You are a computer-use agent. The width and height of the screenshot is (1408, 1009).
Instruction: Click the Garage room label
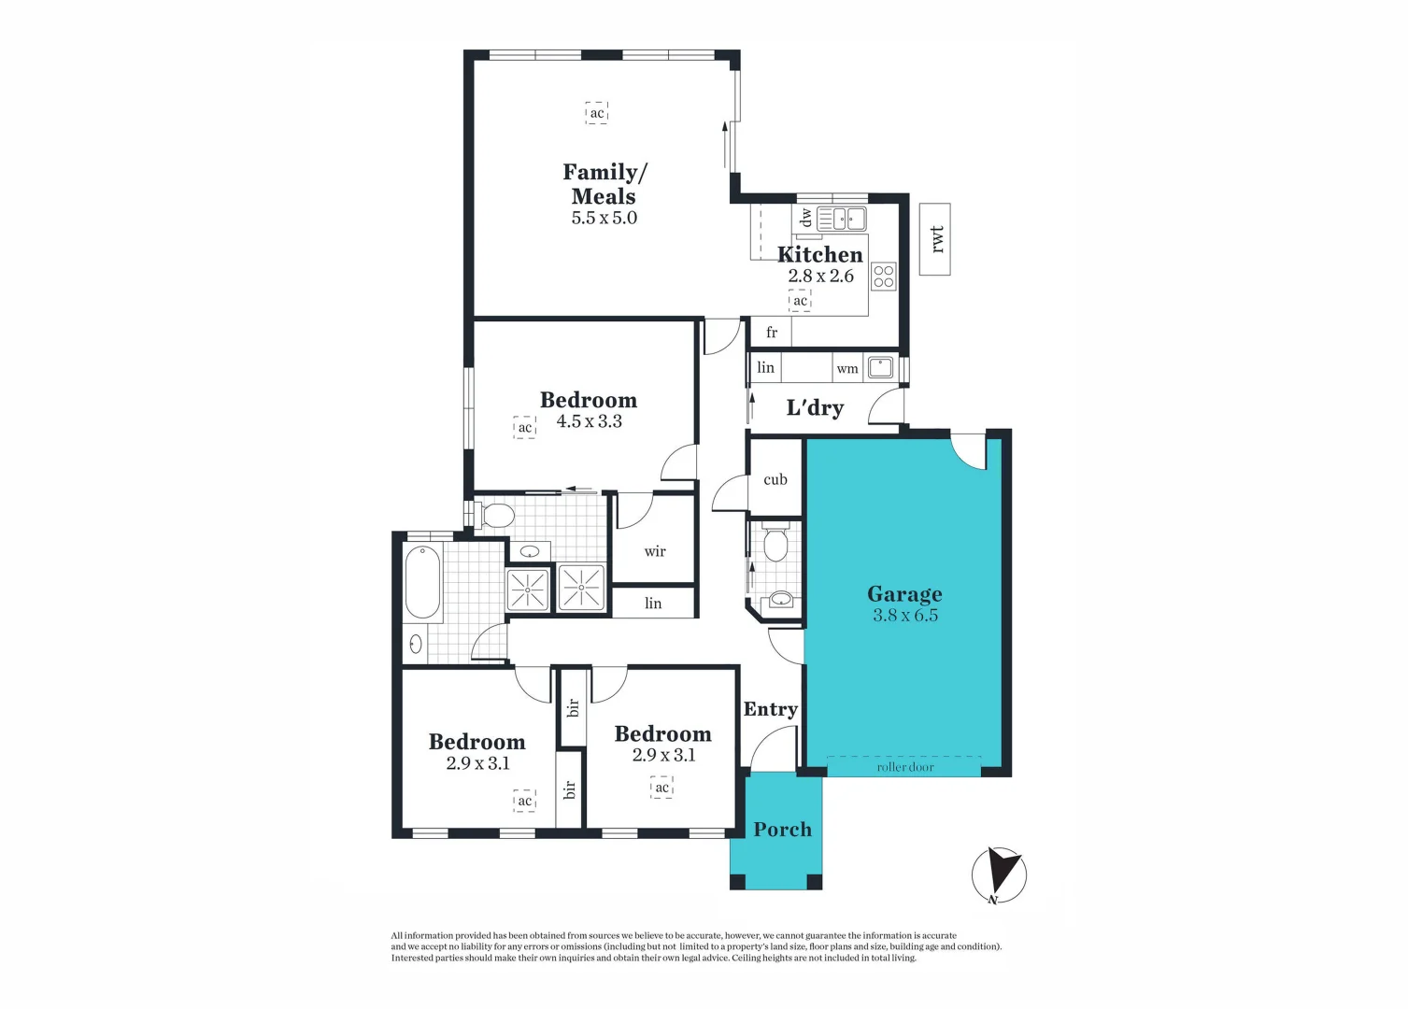[904, 594]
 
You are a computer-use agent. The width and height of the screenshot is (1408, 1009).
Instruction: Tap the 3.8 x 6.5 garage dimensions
[904, 616]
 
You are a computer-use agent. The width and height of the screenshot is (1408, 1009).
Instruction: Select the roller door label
[904, 767]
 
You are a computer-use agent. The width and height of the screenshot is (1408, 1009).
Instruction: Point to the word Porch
[782, 830]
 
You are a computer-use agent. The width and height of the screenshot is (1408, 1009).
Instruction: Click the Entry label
[770, 710]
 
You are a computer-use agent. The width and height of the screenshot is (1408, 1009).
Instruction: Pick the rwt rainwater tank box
[934, 239]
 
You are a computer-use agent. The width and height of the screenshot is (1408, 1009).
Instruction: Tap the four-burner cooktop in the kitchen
[883, 277]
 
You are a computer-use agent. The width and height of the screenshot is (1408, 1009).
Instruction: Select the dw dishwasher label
[806, 218]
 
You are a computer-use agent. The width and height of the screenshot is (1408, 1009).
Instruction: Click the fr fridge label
[772, 333]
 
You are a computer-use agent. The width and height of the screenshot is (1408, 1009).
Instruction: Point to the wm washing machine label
[847, 369]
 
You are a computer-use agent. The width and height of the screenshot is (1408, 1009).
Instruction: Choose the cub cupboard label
[775, 480]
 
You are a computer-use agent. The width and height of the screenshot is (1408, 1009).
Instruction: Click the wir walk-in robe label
[655, 552]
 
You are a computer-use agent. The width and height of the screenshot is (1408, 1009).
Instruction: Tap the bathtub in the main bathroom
[423, 583]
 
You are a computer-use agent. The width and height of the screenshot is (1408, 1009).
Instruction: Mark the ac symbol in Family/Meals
[597, 113]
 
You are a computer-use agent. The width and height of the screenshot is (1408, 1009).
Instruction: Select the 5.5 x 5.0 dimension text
[604, 218]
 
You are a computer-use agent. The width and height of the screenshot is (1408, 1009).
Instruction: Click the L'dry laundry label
[815, 408]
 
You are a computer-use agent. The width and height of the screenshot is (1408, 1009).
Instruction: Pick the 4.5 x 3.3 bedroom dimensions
[589, 421]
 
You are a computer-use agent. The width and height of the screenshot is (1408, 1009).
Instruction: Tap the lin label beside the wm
[766, 368]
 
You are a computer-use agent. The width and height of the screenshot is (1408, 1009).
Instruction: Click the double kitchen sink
[842, 220]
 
